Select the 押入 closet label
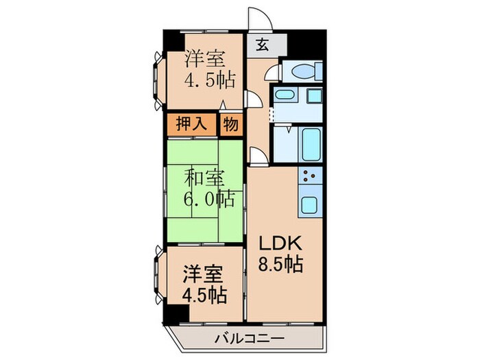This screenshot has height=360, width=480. (x=191, y=125)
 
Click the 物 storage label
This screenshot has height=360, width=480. (x=230, y=125)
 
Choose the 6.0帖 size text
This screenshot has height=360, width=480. (x=209, y=200)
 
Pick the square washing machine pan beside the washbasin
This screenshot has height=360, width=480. (x=315, y=96)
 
